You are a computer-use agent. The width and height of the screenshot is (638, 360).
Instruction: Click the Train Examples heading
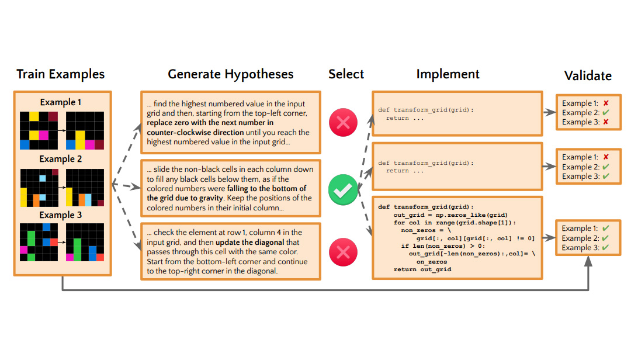[61, 74]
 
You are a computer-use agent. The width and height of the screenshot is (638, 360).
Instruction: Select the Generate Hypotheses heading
[231, 74]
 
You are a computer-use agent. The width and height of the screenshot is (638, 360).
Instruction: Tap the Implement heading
[448, 74]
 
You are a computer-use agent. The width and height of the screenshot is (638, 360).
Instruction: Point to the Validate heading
[588, 76]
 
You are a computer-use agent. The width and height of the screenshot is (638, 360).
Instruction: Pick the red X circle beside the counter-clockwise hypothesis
[343, 123]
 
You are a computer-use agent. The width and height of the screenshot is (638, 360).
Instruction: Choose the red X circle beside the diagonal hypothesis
[343, 252]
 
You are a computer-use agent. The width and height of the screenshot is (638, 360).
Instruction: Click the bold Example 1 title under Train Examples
[61, 102]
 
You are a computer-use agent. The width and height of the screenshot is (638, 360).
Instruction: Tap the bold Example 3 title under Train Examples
[61, 215]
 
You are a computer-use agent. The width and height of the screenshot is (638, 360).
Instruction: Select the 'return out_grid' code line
[422, 269]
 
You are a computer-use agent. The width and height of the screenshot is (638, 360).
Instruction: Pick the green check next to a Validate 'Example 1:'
[606, 229]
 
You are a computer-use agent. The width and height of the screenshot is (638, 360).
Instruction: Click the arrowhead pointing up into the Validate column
[588, 263]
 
